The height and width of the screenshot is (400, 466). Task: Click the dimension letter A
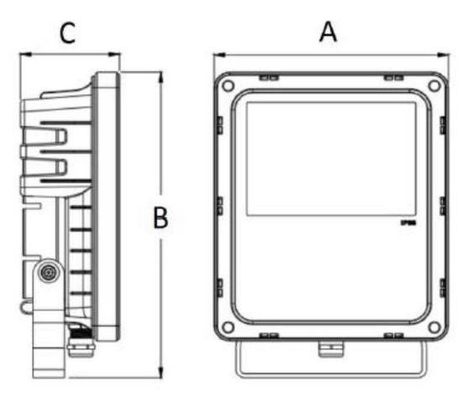pyautogui.click(x=329, y=31)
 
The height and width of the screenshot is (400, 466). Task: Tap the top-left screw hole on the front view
pyautogui.click(x=227, y=85)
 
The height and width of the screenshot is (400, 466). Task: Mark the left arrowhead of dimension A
pyautogui.click(x=217, y=56)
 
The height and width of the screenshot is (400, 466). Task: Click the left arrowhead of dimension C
pyautogui.click(x=22, y=56)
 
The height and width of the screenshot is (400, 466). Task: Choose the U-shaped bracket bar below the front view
pyautogui.click(x=329, y=370)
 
